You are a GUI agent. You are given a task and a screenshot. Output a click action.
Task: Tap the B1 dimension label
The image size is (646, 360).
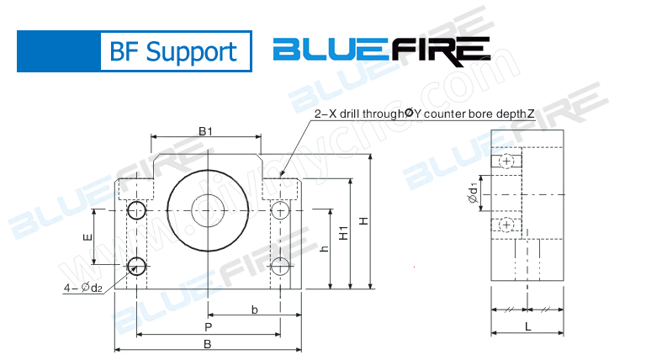tap(204, 130)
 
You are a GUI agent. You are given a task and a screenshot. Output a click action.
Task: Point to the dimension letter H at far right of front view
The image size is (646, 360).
tap(363, 221)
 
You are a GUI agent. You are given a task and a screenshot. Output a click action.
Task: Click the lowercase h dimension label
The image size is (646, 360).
tap(325, 249)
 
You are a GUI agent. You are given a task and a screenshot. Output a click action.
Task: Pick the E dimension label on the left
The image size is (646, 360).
tap(87, 238)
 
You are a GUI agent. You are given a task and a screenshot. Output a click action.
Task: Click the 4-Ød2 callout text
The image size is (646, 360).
tap(83, 289)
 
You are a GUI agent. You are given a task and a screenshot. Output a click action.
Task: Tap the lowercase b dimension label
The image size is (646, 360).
tap(254, 310)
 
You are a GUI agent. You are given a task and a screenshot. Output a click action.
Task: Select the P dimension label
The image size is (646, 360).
tap(207, 326)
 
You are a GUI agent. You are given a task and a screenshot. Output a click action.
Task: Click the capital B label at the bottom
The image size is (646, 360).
tap(207, 345)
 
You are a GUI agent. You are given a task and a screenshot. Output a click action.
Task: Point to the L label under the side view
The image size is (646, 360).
tap(527, 326)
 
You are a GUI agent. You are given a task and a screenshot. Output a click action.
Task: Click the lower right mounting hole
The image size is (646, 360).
tap(280, 267)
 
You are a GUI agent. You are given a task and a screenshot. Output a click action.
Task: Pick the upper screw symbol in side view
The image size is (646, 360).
tap(506, 161)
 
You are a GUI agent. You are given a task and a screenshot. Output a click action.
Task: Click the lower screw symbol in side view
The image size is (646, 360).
tap(506, 224)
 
